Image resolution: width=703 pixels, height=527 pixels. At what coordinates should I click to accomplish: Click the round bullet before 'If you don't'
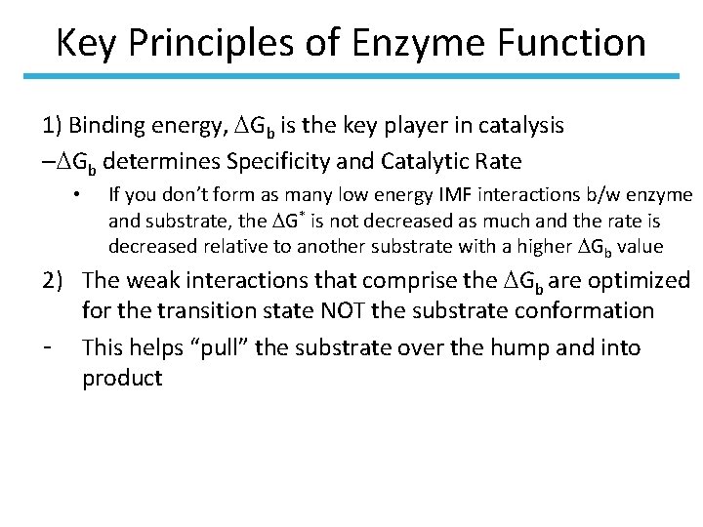tap(75, 196)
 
